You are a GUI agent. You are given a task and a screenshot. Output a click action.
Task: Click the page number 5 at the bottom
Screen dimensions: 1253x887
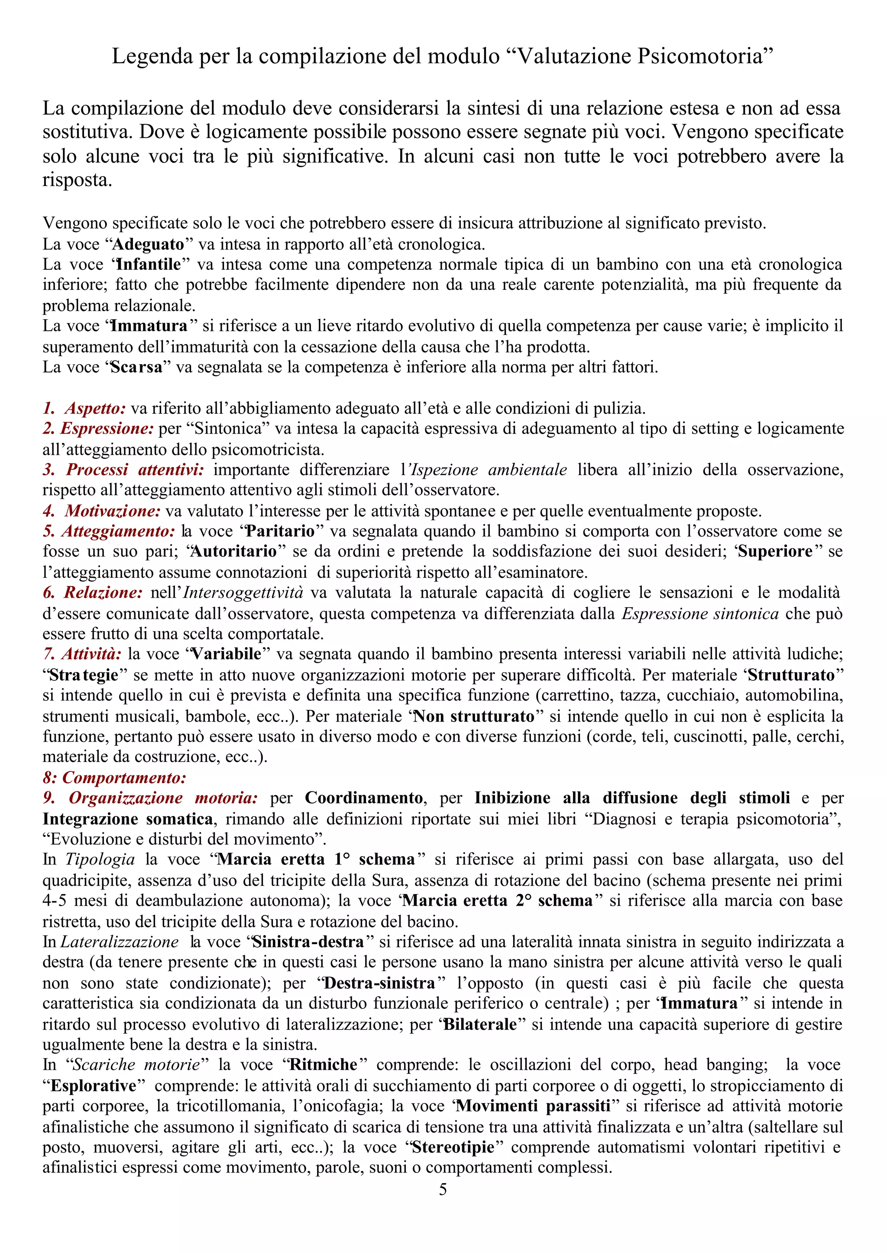(x=443, y=1189)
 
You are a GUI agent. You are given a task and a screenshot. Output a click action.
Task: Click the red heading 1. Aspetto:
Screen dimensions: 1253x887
(x=84, y=408)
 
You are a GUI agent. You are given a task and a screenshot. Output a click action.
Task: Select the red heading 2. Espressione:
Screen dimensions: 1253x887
(x=99, y=428)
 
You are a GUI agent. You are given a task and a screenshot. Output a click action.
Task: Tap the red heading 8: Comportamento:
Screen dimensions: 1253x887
(x=115, y=777)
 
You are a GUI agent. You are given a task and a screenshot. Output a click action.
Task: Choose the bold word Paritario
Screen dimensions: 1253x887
(x=280, y=531)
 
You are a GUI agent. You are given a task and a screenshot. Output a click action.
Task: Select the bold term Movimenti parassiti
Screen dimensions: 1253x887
(x=533, y=1106)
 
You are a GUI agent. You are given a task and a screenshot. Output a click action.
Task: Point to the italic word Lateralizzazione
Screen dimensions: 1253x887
(x=119, y=942)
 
